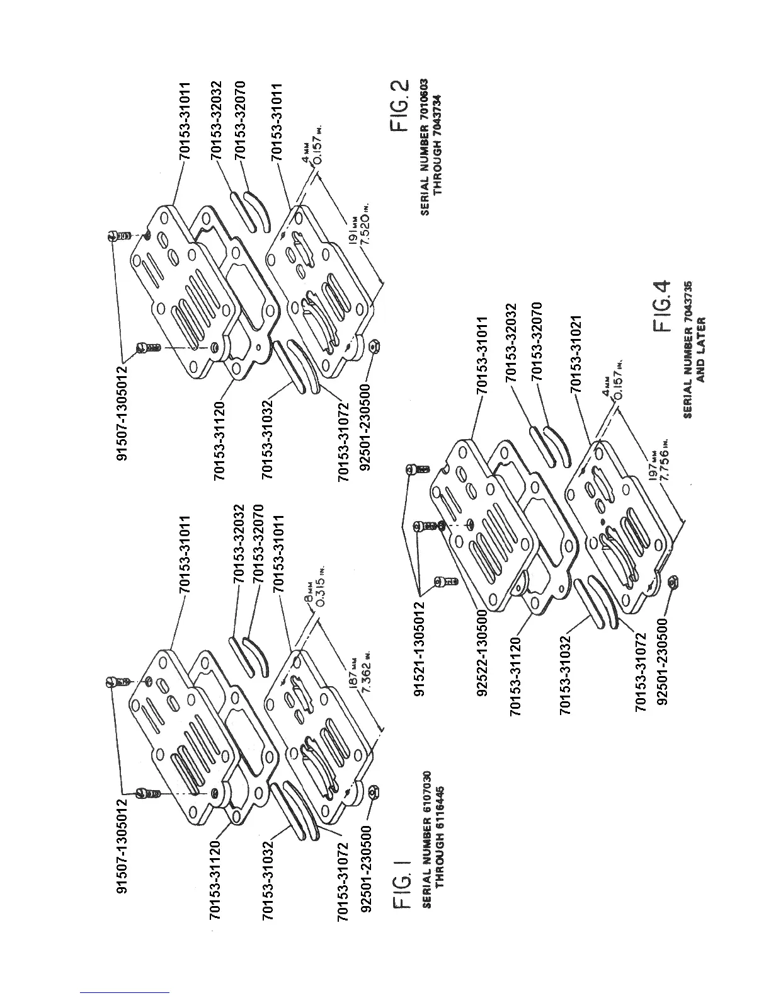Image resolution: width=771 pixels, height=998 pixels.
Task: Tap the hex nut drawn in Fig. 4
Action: coord(671,582)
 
